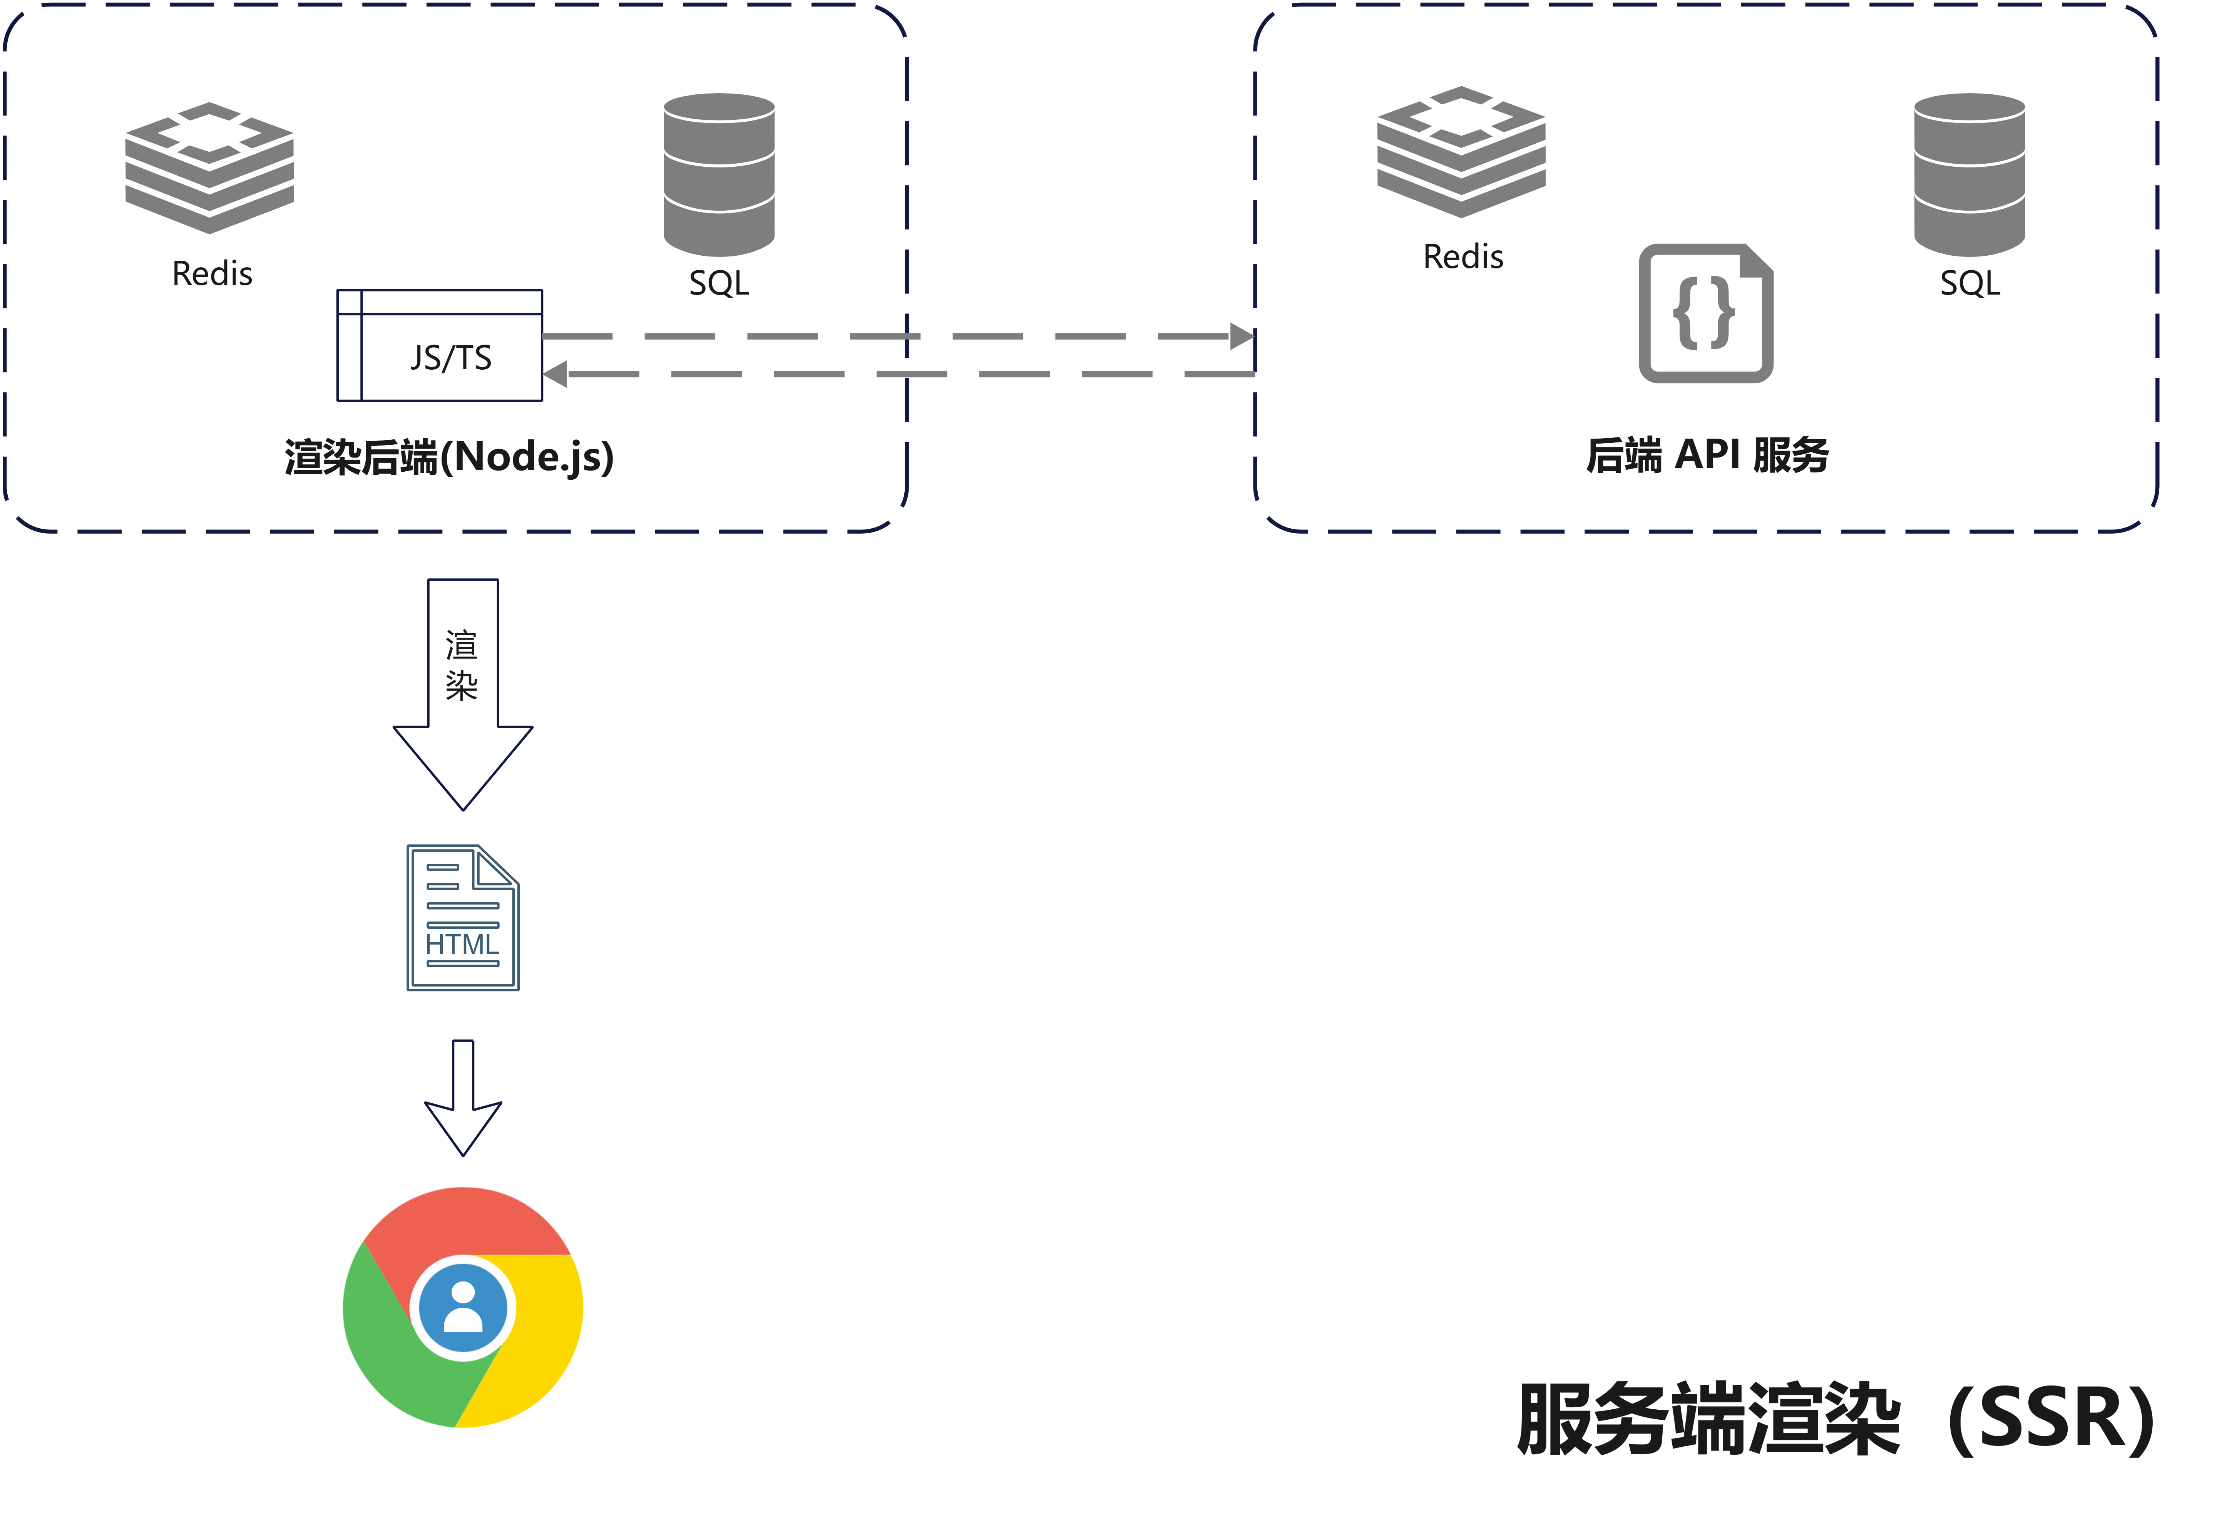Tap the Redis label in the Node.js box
click(212, 275)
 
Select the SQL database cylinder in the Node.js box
click(719, 174)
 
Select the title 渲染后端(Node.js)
click(449, 457)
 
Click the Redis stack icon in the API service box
click(1461, 151)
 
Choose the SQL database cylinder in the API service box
click(1969, 174)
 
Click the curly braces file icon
click(1706, 313)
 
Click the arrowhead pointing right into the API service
click(1241, 337)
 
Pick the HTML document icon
click(463, 918)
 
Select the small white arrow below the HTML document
click(463, 1100)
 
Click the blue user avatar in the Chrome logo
click(463, 1307)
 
